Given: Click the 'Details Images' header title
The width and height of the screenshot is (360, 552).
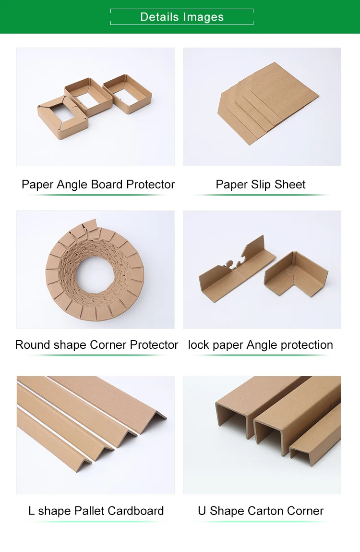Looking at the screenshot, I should coord(182,17).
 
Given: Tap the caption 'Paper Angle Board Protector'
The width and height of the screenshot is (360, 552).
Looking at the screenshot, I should coord(98,184).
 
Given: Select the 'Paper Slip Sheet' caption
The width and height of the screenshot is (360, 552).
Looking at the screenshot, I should coord(261,184).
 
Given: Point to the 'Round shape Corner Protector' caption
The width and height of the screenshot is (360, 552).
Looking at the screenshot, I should coord(96,345).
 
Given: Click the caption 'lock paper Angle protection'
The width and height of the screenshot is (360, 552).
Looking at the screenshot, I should coord(260,345).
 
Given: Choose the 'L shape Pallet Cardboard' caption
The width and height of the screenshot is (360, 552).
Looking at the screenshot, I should coord(96,511).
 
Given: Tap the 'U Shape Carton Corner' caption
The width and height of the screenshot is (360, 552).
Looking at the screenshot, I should coord(261,511).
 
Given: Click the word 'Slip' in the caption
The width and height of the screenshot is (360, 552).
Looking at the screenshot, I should coord(260,184).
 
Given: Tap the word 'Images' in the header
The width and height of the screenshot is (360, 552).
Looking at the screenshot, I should coord(203,17).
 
